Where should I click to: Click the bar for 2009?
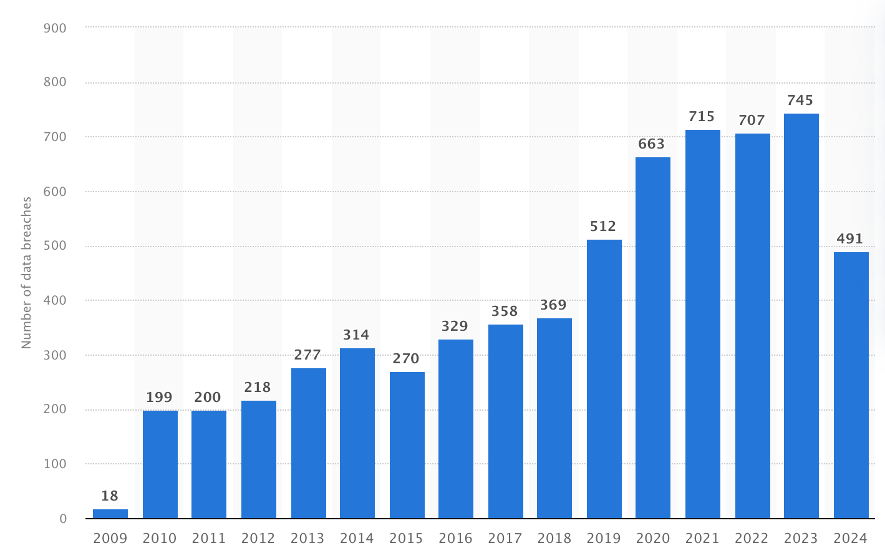[110, 514]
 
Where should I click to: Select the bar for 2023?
[801, 316]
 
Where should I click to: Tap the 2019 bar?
[604, 379]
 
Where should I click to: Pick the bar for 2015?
[407, 445]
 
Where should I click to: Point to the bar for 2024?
[851, 385]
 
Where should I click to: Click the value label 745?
[801, 100]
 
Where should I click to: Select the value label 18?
[110, 496]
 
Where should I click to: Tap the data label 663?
[652, 144]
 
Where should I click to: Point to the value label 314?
[356, 335]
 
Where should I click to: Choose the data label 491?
[850, 239]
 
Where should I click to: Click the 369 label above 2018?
[553, 305]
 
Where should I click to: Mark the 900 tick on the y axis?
[56, 28]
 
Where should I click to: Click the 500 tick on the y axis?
[56, 246]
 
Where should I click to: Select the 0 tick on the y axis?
[63, 519]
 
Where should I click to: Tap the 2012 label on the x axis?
[258, 538]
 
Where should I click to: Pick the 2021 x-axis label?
[702, 538]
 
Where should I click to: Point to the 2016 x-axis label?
[455, 538]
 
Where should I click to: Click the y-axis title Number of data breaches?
[26, 273]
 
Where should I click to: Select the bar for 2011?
[208, 464]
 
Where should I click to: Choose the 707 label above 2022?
[752, 120]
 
